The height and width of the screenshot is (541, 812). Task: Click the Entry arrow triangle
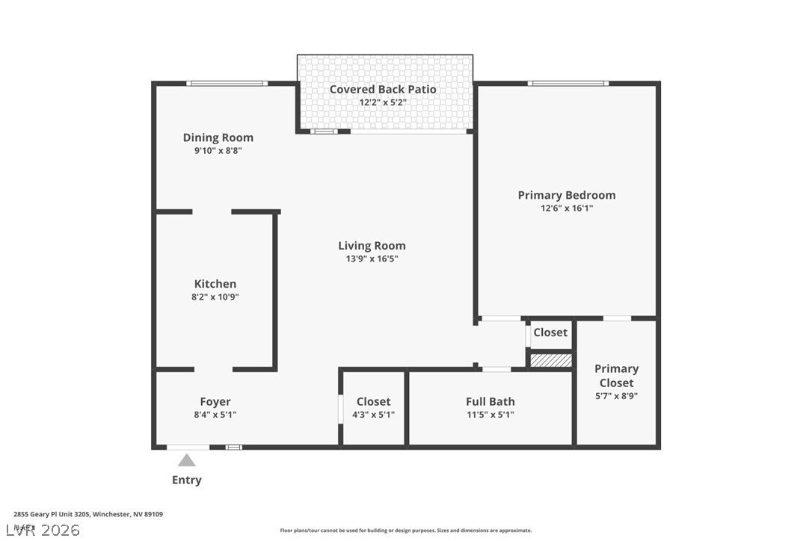coord(187,460)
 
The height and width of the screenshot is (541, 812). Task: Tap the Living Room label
coord(372,245)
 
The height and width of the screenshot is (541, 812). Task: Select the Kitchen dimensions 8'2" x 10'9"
coord(215,297)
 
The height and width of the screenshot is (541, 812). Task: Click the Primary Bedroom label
coord(567,195)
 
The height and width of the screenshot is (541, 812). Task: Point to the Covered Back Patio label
coord(383,89)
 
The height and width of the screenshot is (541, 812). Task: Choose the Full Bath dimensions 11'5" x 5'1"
coord(490,415)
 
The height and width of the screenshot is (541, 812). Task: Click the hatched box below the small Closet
coord(551,360)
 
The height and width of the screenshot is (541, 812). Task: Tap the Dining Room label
coord(218,137)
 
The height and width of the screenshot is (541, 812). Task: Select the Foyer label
coord(215,401)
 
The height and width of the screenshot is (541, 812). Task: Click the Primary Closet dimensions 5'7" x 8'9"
coord(616,396)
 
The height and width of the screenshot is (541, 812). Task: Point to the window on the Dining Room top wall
coord(227,83)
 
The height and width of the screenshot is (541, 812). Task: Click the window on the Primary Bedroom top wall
coord(568,83)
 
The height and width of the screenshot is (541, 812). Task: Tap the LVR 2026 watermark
coord(40,530)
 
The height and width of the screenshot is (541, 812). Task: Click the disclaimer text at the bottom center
coord(406,531)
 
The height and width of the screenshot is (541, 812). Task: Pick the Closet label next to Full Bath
coord(373,401)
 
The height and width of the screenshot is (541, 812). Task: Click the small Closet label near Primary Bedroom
coord(550,333)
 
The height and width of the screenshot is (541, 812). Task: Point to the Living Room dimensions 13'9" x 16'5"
coord(372,259)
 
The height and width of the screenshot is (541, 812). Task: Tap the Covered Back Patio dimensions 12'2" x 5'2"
coord(383,102)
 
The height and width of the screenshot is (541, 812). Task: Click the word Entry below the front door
coord(187,480)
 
